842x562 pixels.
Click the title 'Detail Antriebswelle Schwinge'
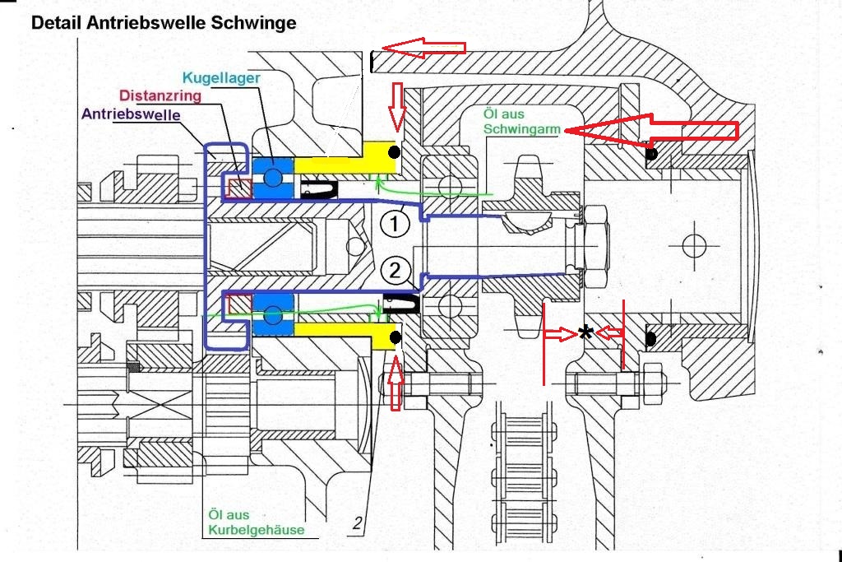point(164,22)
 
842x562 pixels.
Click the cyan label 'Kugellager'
point(221,78)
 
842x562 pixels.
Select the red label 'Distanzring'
point(160,95)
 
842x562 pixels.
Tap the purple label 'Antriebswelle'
point(131,114)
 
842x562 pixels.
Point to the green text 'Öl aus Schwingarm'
point(521,122)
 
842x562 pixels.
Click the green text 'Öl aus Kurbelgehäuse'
point(257,523)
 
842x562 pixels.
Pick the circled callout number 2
point(395,270)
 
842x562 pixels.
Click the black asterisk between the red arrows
point(585,333)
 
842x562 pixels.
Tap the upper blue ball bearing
point(273,177)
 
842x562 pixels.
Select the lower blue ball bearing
point(273,315)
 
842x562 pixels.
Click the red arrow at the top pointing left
point(423,47)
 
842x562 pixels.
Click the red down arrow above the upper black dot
point(397,107)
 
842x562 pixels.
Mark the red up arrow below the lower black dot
point(396,383)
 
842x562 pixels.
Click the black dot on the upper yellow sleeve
point(395,152)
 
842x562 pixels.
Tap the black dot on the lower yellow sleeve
point(396,337)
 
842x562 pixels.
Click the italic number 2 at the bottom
point(358,523)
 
